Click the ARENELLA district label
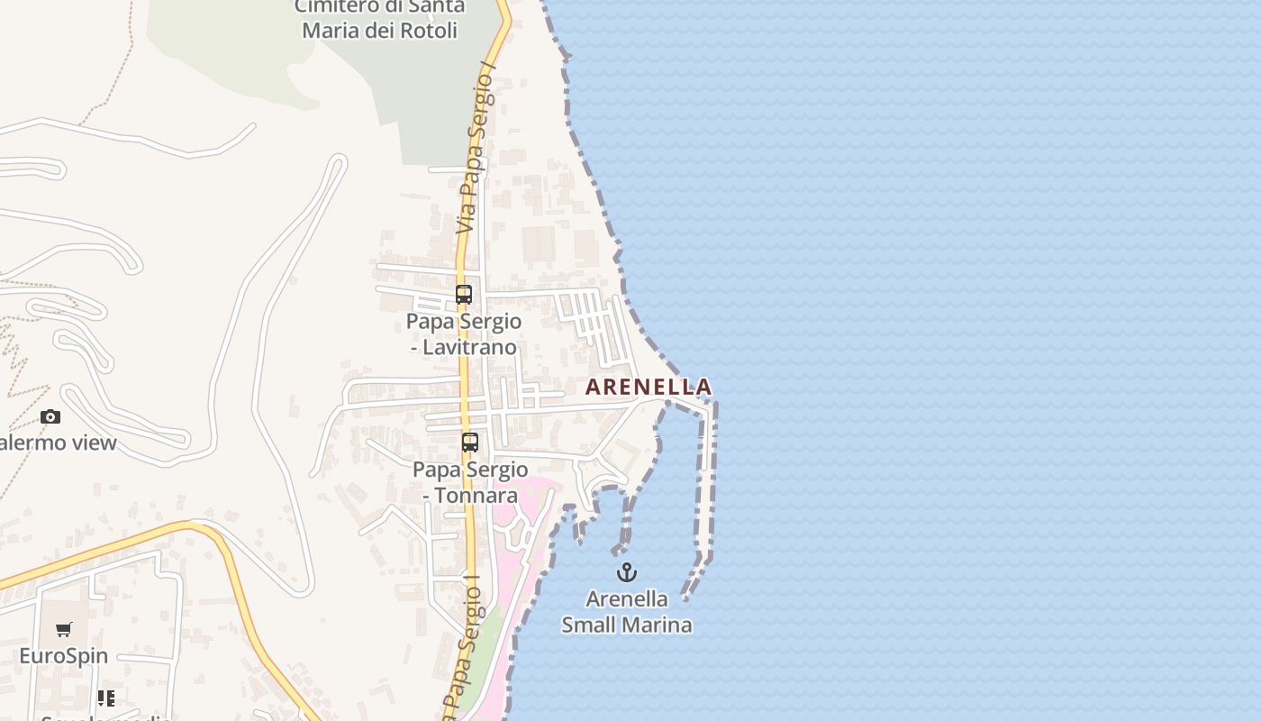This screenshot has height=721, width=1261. click(649, 388)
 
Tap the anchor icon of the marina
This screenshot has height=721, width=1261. click(626, 572)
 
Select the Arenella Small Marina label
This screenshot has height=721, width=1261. click(627, 612)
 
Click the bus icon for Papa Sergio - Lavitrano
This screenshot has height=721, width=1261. click(464, 295)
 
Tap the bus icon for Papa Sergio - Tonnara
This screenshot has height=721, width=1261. click(470, 443)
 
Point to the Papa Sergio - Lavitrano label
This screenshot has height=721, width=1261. click(464, 334)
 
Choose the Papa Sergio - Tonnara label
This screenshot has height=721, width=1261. click(470, 482)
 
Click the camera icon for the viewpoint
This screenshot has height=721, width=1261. click(50, 416)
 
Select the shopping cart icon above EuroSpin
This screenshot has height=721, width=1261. click(63, 630)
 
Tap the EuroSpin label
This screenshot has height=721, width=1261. click(64, 656)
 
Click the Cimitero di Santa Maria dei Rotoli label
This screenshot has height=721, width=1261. click(380, 18)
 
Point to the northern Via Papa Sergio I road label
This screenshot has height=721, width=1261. click(477, 153)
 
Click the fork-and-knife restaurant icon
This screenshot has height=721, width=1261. click(106, 698)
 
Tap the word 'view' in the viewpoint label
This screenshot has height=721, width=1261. click(95, 443)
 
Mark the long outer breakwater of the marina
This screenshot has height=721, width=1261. click(709, 478)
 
